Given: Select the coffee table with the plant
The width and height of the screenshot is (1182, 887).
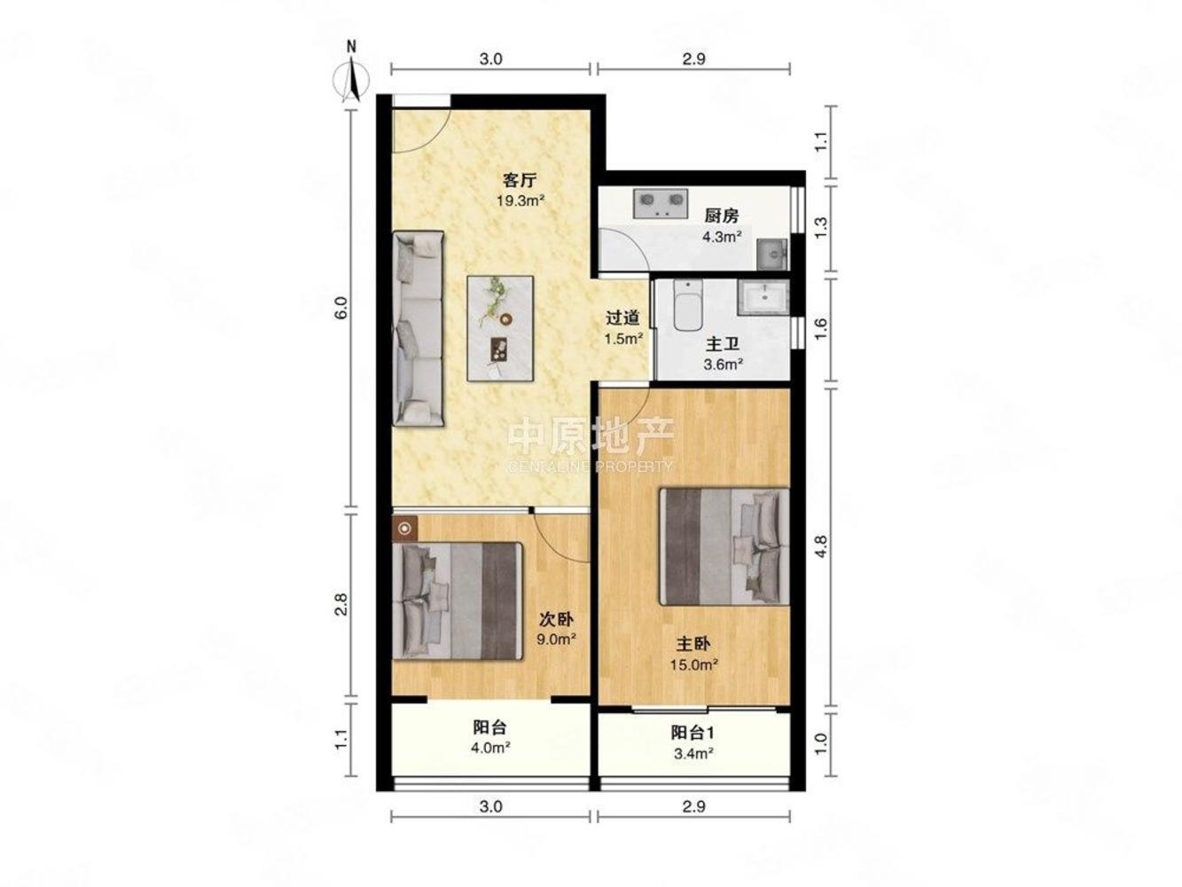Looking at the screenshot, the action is tap(500, 328).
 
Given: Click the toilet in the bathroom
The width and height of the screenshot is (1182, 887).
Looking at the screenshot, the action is tap(688, 305).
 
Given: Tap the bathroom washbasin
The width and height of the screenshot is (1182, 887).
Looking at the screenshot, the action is tap(763, 297).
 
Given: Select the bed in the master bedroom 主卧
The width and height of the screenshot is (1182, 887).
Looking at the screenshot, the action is tap(724, 546).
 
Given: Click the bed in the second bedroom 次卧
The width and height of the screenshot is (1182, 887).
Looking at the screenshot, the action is tap(458, 600).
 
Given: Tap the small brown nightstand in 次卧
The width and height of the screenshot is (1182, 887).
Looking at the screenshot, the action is tap(404, 529).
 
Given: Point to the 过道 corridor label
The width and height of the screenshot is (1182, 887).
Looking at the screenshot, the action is tap(622, 318).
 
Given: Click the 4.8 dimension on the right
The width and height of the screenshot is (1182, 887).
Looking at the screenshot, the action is tap(820, 546).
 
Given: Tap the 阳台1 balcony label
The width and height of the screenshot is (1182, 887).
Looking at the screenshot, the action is tap(693, 733).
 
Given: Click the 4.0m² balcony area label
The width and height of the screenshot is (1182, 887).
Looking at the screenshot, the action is tap(491, 748).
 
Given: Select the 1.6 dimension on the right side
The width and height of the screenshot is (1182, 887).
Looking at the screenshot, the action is tap(820, 329).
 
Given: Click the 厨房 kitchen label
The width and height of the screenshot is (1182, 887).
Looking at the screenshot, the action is tap(722, 216).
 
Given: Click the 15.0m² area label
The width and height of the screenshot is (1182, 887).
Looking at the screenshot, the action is tap(693, 664).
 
